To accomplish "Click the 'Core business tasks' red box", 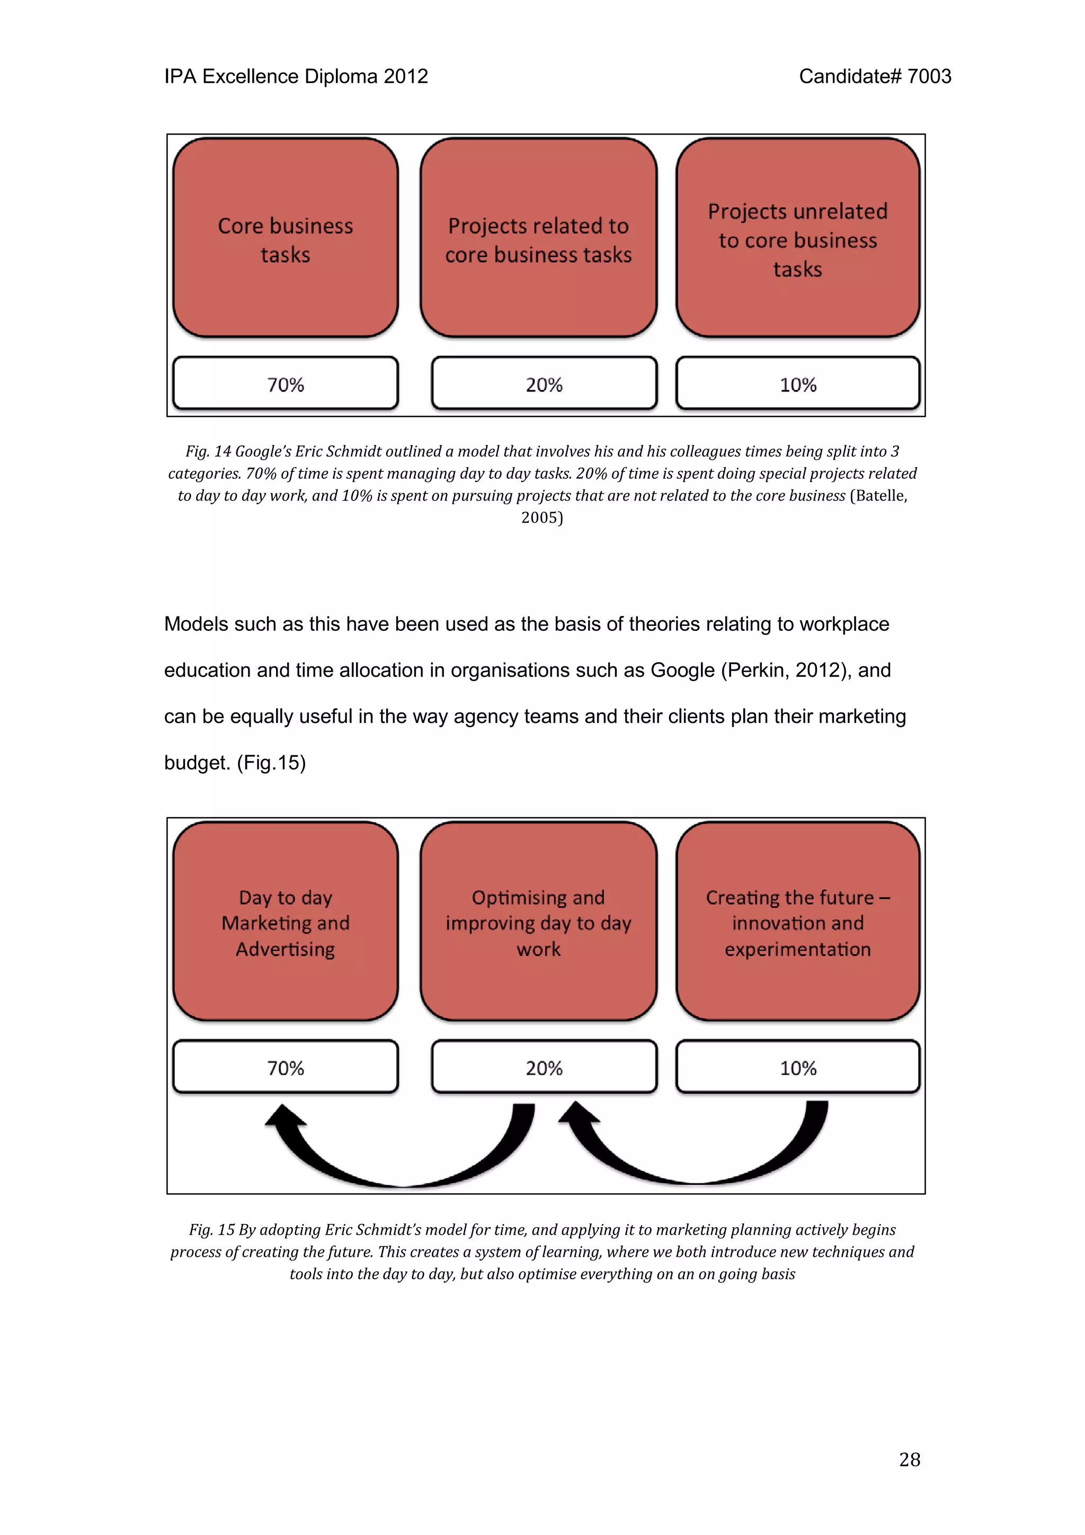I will (286, 238).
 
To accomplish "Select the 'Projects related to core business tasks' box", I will (538, 238).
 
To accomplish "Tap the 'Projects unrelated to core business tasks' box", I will (797, 238).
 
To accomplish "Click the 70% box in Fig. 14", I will (286, 383).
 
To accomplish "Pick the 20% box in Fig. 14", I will (544, 383).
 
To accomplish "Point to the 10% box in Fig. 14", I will (797, 383).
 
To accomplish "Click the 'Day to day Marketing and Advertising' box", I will (286, 921).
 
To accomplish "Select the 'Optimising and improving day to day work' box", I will (538, 921).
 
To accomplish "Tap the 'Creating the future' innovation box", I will (797, 921).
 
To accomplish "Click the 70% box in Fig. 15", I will (286, 1067).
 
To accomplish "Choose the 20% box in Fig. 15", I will (544, 1067).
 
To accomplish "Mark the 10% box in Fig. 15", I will (797, 1067).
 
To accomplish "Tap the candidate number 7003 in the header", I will (929, 76).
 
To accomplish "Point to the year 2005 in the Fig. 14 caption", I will (541, 517).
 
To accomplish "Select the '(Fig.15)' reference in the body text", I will (271, 762).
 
